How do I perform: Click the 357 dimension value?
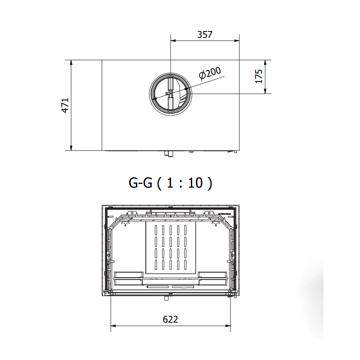coord(205,35)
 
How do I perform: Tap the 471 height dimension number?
coord(65,105)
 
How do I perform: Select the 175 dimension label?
coord(259,76)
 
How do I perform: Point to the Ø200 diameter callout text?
coord(210,73)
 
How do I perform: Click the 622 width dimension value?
coord(171,319)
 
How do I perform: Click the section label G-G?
coord(140,183)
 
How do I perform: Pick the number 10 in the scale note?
coord(195,183)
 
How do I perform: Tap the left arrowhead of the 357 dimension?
coord(173,40)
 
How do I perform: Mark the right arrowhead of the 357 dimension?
coord(237,40)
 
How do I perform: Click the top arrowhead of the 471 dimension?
coord(71,63)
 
